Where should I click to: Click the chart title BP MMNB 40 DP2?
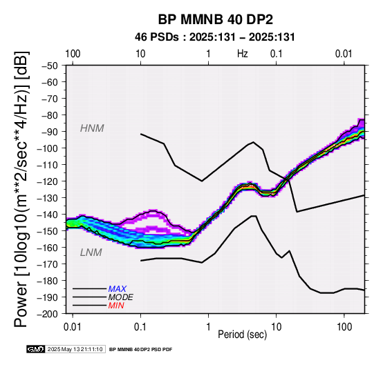pos(216,19)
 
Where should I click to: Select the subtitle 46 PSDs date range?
pos(215,37)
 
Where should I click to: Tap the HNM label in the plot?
pos(92,128)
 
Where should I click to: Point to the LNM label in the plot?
pos(91,252)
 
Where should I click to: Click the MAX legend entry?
pos(118,289)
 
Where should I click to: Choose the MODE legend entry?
pos(121,297)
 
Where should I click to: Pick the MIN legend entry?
pos(116,306)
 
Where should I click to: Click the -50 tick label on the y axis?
pos(50,66)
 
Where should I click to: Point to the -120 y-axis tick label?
pos(48,181)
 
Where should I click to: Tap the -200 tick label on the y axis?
pos(48,314)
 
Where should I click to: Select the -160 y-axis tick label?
pos(48,248)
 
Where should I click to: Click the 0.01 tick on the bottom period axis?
pos(73,327)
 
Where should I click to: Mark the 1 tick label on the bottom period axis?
pos(208,327)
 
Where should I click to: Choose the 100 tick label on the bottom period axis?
pos(344,327)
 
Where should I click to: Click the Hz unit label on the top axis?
pos(242,54)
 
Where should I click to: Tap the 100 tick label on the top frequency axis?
pos(73,54)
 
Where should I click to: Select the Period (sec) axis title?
pos(242,335)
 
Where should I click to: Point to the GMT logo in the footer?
pos(36,349)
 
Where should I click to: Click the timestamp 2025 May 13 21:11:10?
pos(75,349)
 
